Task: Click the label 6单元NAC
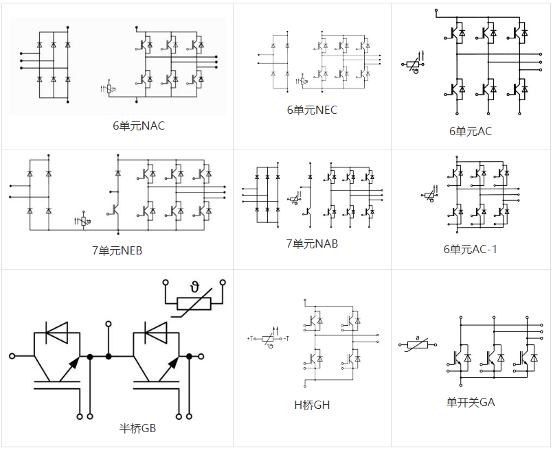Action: point(139,126)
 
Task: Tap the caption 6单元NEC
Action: point(312,110)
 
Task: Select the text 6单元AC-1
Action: point(470,249)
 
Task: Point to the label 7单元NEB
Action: point(117,250)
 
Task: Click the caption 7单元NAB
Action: point(312,244)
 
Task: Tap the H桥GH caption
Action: point(312,405)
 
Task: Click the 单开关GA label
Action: point(470,402)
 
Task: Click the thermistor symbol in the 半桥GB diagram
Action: point(194,303)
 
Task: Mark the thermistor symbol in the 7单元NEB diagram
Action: point(83,221)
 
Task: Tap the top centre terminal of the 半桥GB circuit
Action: point(109,322)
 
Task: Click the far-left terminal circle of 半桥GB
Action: point(12,356)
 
